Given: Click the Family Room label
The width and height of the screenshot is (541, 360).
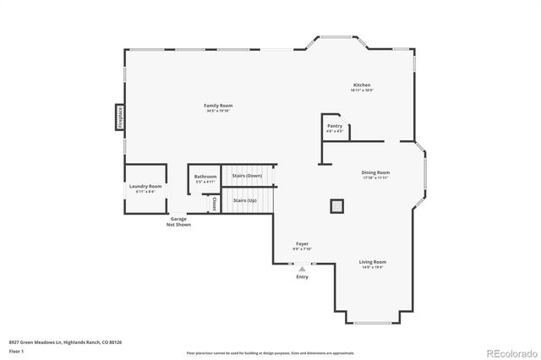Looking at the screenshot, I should [x=218, y=106].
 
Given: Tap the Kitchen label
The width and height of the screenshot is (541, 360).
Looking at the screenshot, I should [x=361, y=85].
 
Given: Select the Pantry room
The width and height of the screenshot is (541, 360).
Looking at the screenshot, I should [x=335, y=128].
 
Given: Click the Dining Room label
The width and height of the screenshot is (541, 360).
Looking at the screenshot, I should [x=375, y=173].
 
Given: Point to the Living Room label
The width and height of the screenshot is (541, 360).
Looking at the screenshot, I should [x=373, y=262].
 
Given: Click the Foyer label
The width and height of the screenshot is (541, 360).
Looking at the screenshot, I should [x=302, y=243].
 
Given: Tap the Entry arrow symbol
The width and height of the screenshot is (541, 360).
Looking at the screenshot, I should [x=302, y=268].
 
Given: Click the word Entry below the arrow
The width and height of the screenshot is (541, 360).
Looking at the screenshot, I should [x=302, y=277].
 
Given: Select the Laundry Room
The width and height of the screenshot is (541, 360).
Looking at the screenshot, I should [x=145, y=188].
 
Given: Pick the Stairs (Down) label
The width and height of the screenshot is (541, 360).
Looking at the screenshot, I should [x=248, y=175].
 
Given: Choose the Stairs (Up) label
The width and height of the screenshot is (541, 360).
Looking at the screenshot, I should [x=245, y=200].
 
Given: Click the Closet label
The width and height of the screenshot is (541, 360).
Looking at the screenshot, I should [x=215, y=203].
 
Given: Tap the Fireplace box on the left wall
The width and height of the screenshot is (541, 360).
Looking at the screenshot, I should [x=120, y=117].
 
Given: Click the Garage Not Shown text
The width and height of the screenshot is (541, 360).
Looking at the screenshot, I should [x=178, y=222].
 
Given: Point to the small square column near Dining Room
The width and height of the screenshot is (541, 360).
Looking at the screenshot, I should [x=336, y=205].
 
